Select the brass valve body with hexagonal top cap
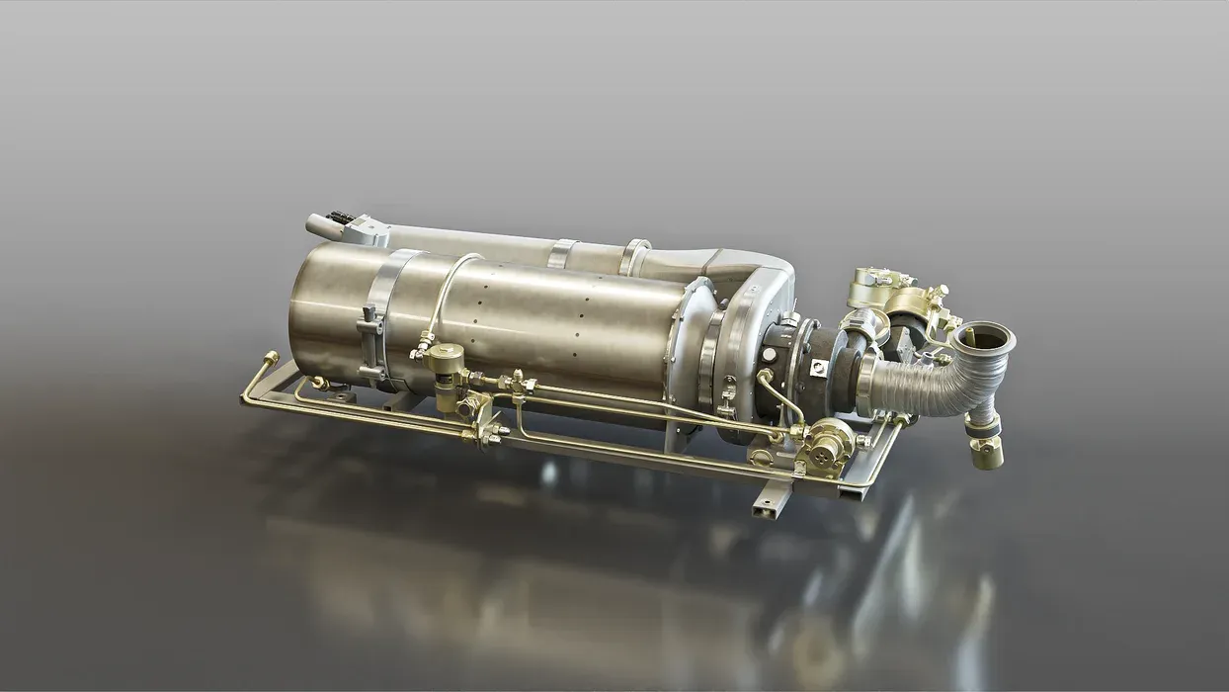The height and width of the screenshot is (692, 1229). (x=448, y=363)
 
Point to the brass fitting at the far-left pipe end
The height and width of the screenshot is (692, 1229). (x=269, y=359)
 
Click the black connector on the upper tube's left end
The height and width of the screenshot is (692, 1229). (x=339, y=217)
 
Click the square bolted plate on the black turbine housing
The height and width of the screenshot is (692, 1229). (x=818, y=367)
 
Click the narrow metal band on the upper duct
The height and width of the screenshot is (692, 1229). (x=563, y=252)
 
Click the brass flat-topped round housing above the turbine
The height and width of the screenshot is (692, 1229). (x=873, y=286)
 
